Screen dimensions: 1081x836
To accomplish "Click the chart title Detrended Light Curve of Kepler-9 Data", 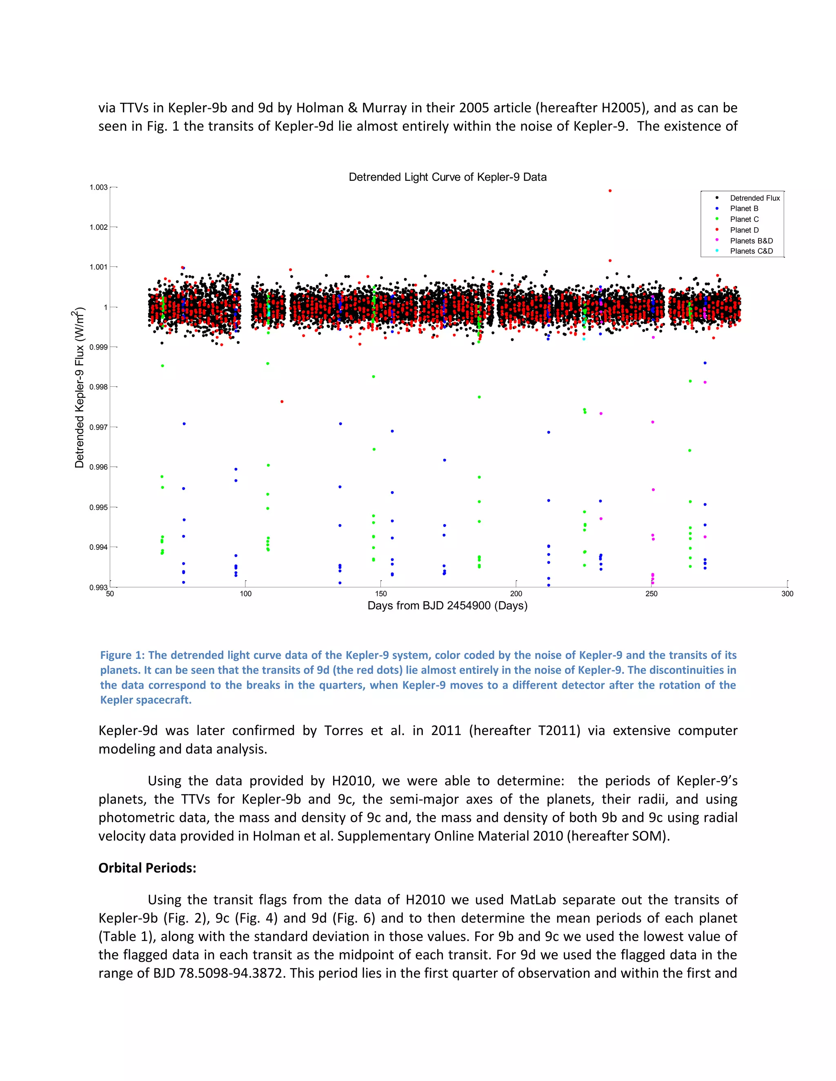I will coord(447,177).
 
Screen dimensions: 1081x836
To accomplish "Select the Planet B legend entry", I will coord(743,208).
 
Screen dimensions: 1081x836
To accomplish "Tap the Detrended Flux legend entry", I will coord(754,198).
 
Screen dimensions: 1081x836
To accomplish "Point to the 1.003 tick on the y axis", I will coord(98,187).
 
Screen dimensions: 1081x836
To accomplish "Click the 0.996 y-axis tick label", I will coord(98,467).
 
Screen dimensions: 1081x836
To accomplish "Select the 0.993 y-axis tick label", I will coord(98,587).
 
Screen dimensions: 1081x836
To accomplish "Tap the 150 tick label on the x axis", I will coord(381,594).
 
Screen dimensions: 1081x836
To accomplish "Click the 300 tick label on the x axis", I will coord(787,594).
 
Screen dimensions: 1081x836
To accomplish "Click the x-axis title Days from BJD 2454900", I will coord(447,606).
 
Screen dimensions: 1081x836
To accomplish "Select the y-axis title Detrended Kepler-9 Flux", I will coord(79,388).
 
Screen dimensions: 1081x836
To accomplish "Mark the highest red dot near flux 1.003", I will coord(610,191).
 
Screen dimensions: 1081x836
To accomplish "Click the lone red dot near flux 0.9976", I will coord(282,401).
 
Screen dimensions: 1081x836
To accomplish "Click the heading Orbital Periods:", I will coord(147,868).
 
